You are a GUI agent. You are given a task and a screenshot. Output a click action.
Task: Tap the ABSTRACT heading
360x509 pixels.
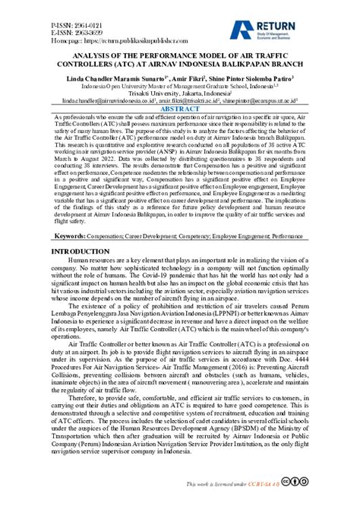pyautogui.click(x=180, y=110)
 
